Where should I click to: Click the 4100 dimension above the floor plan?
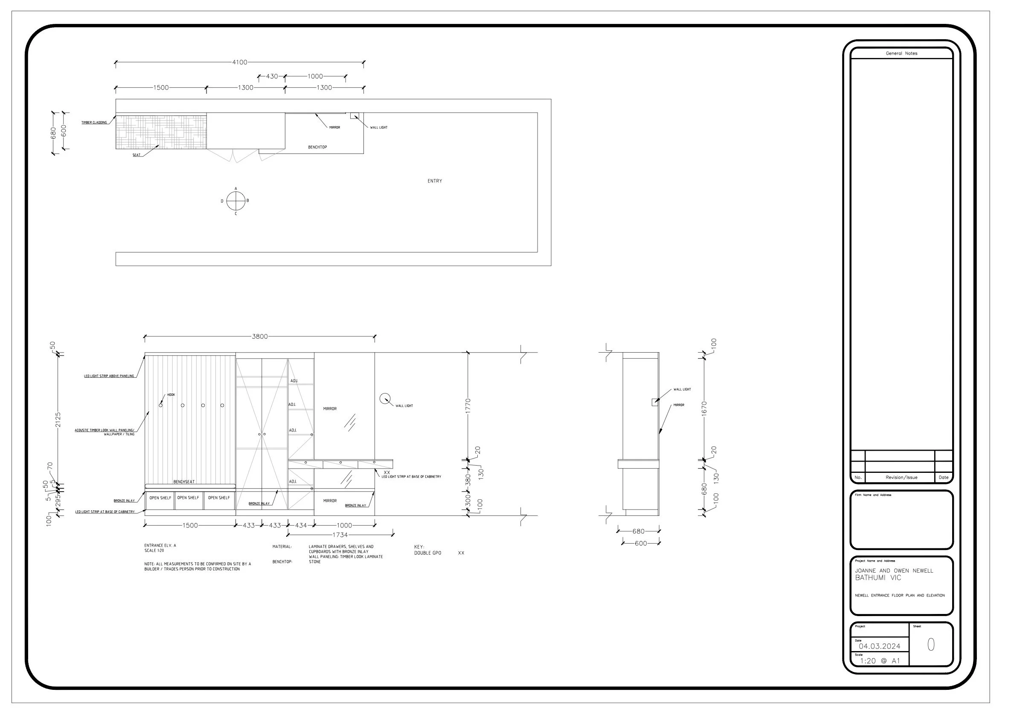pyautogui.click(x=240, y=62)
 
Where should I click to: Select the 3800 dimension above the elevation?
pyautogui.click(x=259, y=336)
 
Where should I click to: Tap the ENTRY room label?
pyautogui.click(x=435, y=181)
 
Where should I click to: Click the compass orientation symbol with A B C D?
pyautogui.click(x=235, y=201)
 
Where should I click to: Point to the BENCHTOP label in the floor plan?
pyautogui.click(x=317, y=147)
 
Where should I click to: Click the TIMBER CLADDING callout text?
pyautogui.click(x=94, y=123)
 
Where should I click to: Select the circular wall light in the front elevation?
pyautogui.click(x=385, y=398)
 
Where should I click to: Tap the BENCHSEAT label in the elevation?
pyautogui.click(x=184, y=482)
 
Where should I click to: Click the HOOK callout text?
pyautogui.click(x=171, y=395)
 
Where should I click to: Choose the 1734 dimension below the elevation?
pyautogui.click(x=340, y=535)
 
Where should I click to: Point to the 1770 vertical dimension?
pyautogui.click(x=468, y=406)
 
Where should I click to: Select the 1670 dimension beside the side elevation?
pyautogui.click(x=704, y=408)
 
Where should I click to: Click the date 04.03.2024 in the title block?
pyautogui.click(x=879, y=646)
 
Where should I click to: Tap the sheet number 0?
pyautogui.click(x=931, y=645)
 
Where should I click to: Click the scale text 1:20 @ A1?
pyautogui.click(x=880, y=661)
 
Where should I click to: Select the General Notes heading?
pyautogui.click(x=901, y=54)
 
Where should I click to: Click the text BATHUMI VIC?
pyautogui.click(x=878, y=578)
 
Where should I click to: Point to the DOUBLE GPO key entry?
pyautogui.click(x=427, y=553)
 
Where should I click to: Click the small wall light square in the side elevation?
pyautogui.click(x=655, y=402)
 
